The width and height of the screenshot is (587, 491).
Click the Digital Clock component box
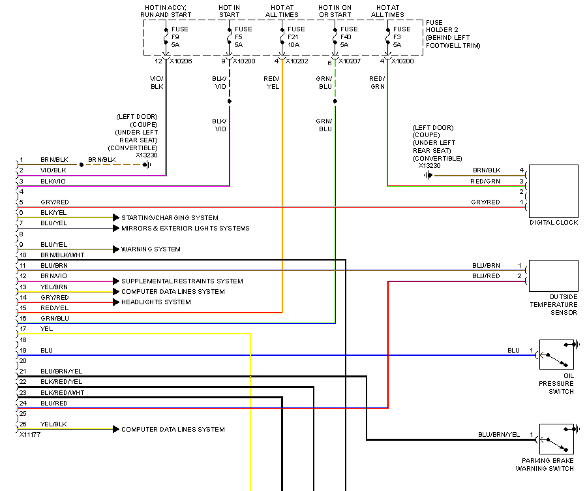(553, 191)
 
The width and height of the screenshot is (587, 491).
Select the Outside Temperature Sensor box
(553, 276)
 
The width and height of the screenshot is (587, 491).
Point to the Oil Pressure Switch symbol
(556, 355)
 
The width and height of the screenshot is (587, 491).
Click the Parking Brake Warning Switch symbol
(556, 439)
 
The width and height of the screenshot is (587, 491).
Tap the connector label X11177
(31, 434)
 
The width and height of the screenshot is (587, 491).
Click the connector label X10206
(181, 61)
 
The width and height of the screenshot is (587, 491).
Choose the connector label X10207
(350, 61)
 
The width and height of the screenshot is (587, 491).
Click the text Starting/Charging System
(170, 217)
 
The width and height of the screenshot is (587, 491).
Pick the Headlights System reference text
(156, 302)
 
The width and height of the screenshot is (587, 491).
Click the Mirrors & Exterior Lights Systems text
(185, 229)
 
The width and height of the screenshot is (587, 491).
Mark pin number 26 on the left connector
(23, 424)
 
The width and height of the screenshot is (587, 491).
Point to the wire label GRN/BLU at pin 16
(54, 318)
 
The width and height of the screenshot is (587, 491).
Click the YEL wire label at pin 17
(46, 328)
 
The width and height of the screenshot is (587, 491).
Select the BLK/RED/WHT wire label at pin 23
(62, 392)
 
